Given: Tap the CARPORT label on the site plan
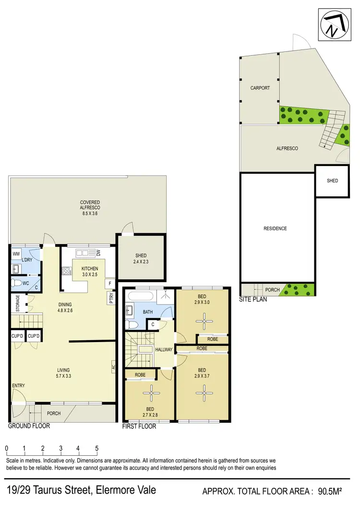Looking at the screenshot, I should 260,88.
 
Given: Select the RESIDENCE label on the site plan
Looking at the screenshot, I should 276,228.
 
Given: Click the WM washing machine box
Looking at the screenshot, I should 16,253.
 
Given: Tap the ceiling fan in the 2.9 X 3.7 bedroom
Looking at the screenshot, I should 204,393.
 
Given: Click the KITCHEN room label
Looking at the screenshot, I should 90,269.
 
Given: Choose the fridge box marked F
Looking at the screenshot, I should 110,284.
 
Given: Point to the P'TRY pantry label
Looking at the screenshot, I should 111,299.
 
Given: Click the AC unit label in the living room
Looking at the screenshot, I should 113,366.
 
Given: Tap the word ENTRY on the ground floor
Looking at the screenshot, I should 19,386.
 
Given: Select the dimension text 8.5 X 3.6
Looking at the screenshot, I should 90,208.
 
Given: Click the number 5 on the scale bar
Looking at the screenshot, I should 96,449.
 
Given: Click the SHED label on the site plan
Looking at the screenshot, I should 332,181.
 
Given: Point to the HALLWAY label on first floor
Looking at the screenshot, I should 163,350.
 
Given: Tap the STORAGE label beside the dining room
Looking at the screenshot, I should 18,303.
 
